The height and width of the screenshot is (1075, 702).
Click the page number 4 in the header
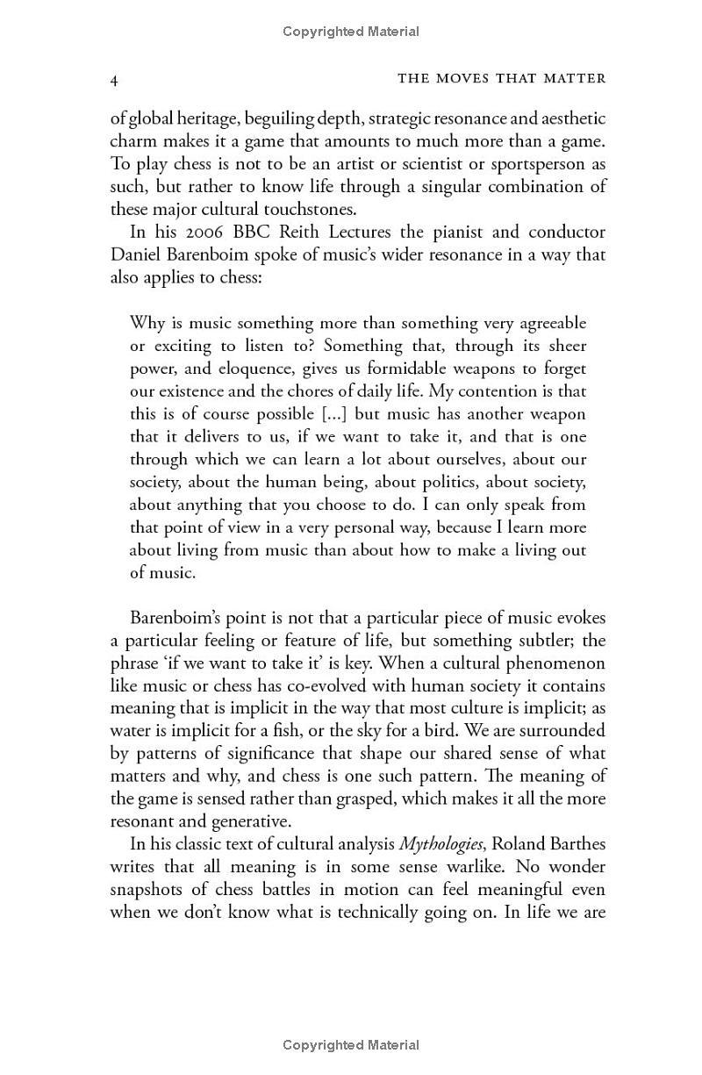tap(114, 79)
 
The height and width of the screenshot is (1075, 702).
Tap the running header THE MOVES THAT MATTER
tap(502, 79)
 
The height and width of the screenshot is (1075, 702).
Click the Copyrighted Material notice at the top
tap(351, 32)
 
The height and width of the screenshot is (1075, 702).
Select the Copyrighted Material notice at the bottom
tap(351, 1044)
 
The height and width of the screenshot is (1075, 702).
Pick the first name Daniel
tap(136, 255)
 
